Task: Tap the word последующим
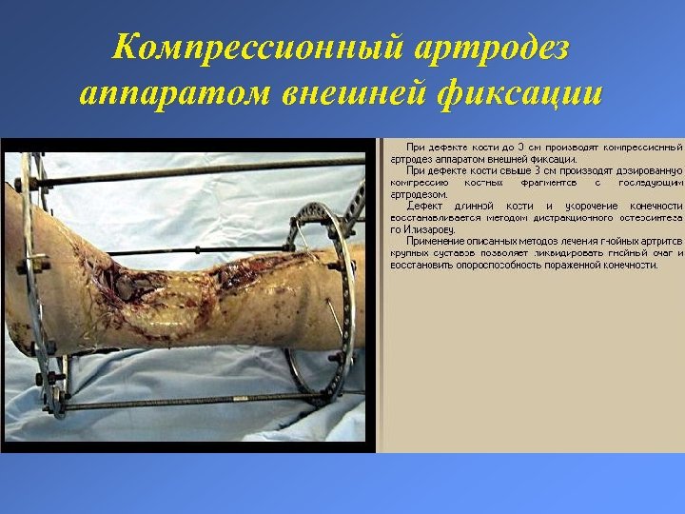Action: (x=651, y=182)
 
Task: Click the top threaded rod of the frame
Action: (x=190, y=175)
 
